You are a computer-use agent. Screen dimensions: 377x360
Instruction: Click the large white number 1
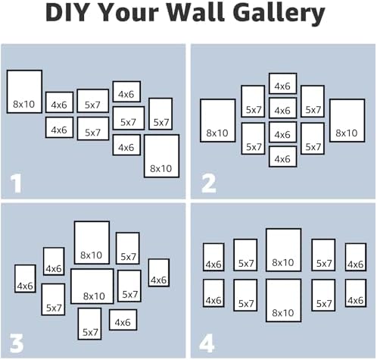click(16, 183)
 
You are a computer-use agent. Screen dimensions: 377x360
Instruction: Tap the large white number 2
click(209, 183)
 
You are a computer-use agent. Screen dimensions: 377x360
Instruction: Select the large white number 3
click(17, 343)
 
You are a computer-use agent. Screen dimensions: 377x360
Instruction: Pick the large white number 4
click(207, 343)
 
